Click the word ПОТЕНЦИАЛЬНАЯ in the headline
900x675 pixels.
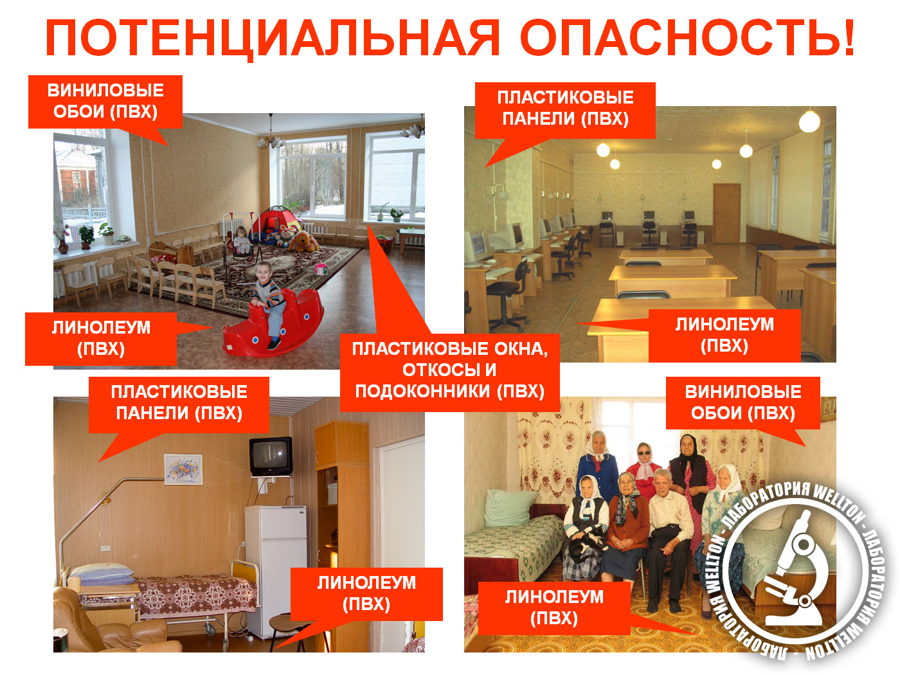pos(273,37)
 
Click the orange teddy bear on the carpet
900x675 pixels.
pos(303,242)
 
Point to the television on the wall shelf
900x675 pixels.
pos(271,456)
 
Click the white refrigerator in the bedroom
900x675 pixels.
pos(276,571)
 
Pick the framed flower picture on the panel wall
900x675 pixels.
pos(183,469)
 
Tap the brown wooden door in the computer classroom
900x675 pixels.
pos(726,213)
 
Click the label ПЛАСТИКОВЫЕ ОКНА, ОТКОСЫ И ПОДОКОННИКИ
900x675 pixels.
pos(450,370)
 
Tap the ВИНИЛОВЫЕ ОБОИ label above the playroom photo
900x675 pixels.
pos(105,101)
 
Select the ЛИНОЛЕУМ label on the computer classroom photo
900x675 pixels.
pos(724,335)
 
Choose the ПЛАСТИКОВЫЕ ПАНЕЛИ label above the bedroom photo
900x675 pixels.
pos(179,402)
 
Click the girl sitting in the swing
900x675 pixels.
pos(242,240)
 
